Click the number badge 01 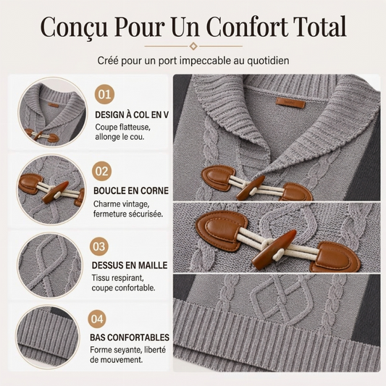[x=104, y=94]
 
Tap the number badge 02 [x=102, y=172]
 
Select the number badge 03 [x=99, y=246]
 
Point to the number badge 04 [x=97, y=319]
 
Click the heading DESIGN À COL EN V [x=132, y=115]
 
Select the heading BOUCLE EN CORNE [x=131, y=190]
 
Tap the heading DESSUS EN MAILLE [x=130, y=265]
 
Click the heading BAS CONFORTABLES [x=130, y=337]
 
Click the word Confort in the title [x=247, y=26]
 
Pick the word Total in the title [x=320, y=26]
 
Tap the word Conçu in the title [x=74, y=27]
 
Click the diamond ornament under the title [x=193, y=46]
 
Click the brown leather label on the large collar [x=290, y=102]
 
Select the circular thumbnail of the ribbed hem [x=48, y=336]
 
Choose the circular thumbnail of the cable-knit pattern [x=49, y=266]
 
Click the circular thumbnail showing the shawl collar [x=53, y=112]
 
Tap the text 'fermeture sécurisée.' [x=128, y=214]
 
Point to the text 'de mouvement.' [x=116, y=360]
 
